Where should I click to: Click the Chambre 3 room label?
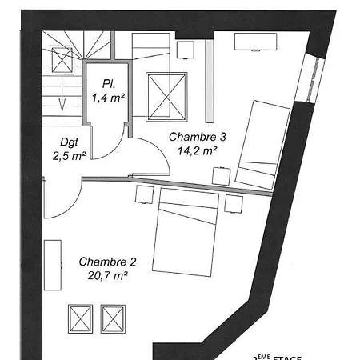point(198,137)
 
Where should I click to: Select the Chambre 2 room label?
point(107,262)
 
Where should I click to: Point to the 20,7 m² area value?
point(107,274)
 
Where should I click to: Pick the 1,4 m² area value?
point(106,98)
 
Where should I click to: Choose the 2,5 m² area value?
point(64,157)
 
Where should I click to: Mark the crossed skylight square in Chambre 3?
point(166,96)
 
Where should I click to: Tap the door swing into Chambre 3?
point(146,156)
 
